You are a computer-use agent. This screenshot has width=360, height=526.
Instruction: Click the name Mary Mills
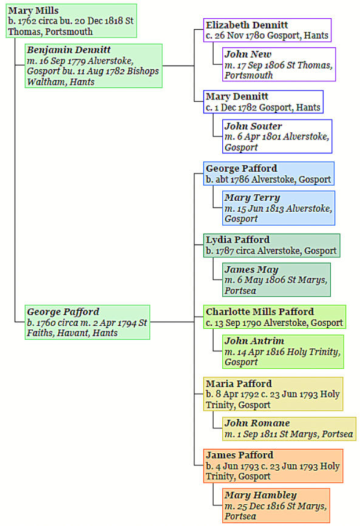tap(33, 11)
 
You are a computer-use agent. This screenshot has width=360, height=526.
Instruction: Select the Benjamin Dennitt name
tap(69, 50)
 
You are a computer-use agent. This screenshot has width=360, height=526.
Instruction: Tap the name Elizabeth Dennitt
tap(247, 25)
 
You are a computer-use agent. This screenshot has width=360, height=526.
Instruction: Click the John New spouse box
tap(279, 64)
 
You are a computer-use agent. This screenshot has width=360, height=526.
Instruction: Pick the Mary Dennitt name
tap(237, 96)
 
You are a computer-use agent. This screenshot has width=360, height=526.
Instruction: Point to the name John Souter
tap(253, 126)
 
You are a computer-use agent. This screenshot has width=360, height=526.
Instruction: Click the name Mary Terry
tap(252, 198)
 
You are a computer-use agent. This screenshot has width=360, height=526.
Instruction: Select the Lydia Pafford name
tap(238, 240)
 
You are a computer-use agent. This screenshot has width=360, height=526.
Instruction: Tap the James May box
tap(276, 280)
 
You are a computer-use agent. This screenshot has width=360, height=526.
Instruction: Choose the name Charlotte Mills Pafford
tap(260, 312)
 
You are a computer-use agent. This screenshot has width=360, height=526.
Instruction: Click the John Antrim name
tap(254, 341)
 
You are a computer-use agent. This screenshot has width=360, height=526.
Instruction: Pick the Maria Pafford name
tap(239, 384)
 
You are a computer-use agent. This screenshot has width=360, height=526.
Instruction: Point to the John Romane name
tap(257, 423)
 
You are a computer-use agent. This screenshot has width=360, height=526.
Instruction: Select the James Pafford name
tap(239, 455)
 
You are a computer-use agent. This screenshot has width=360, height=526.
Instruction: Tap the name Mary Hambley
tap(260, 495)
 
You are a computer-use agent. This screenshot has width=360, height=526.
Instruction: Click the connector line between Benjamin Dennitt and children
tap(178, 66)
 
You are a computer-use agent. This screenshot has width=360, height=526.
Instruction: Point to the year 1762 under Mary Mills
tap(26, 21)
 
